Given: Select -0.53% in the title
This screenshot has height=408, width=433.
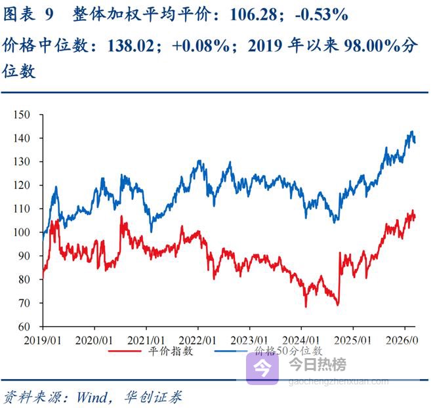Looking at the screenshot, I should click(321, 14).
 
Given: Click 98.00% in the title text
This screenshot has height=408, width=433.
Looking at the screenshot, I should click(373, 47).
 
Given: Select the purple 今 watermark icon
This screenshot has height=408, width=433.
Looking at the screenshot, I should click(264, 367).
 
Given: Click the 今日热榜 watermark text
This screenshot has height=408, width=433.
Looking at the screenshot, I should click(318, 365).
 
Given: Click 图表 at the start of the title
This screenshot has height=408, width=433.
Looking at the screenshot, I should click(19, 14).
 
